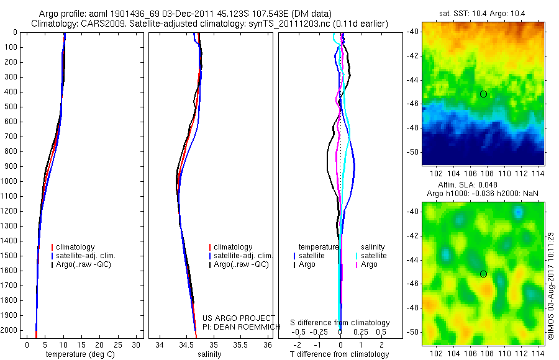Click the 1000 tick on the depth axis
pos(11,181)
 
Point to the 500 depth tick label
pos(11,107)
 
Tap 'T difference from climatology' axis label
pos(340,355)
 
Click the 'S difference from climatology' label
pos(340,323)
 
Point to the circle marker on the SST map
pos(483,94)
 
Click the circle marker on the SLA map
pos(483,274)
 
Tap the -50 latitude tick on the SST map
pos(412,151)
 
